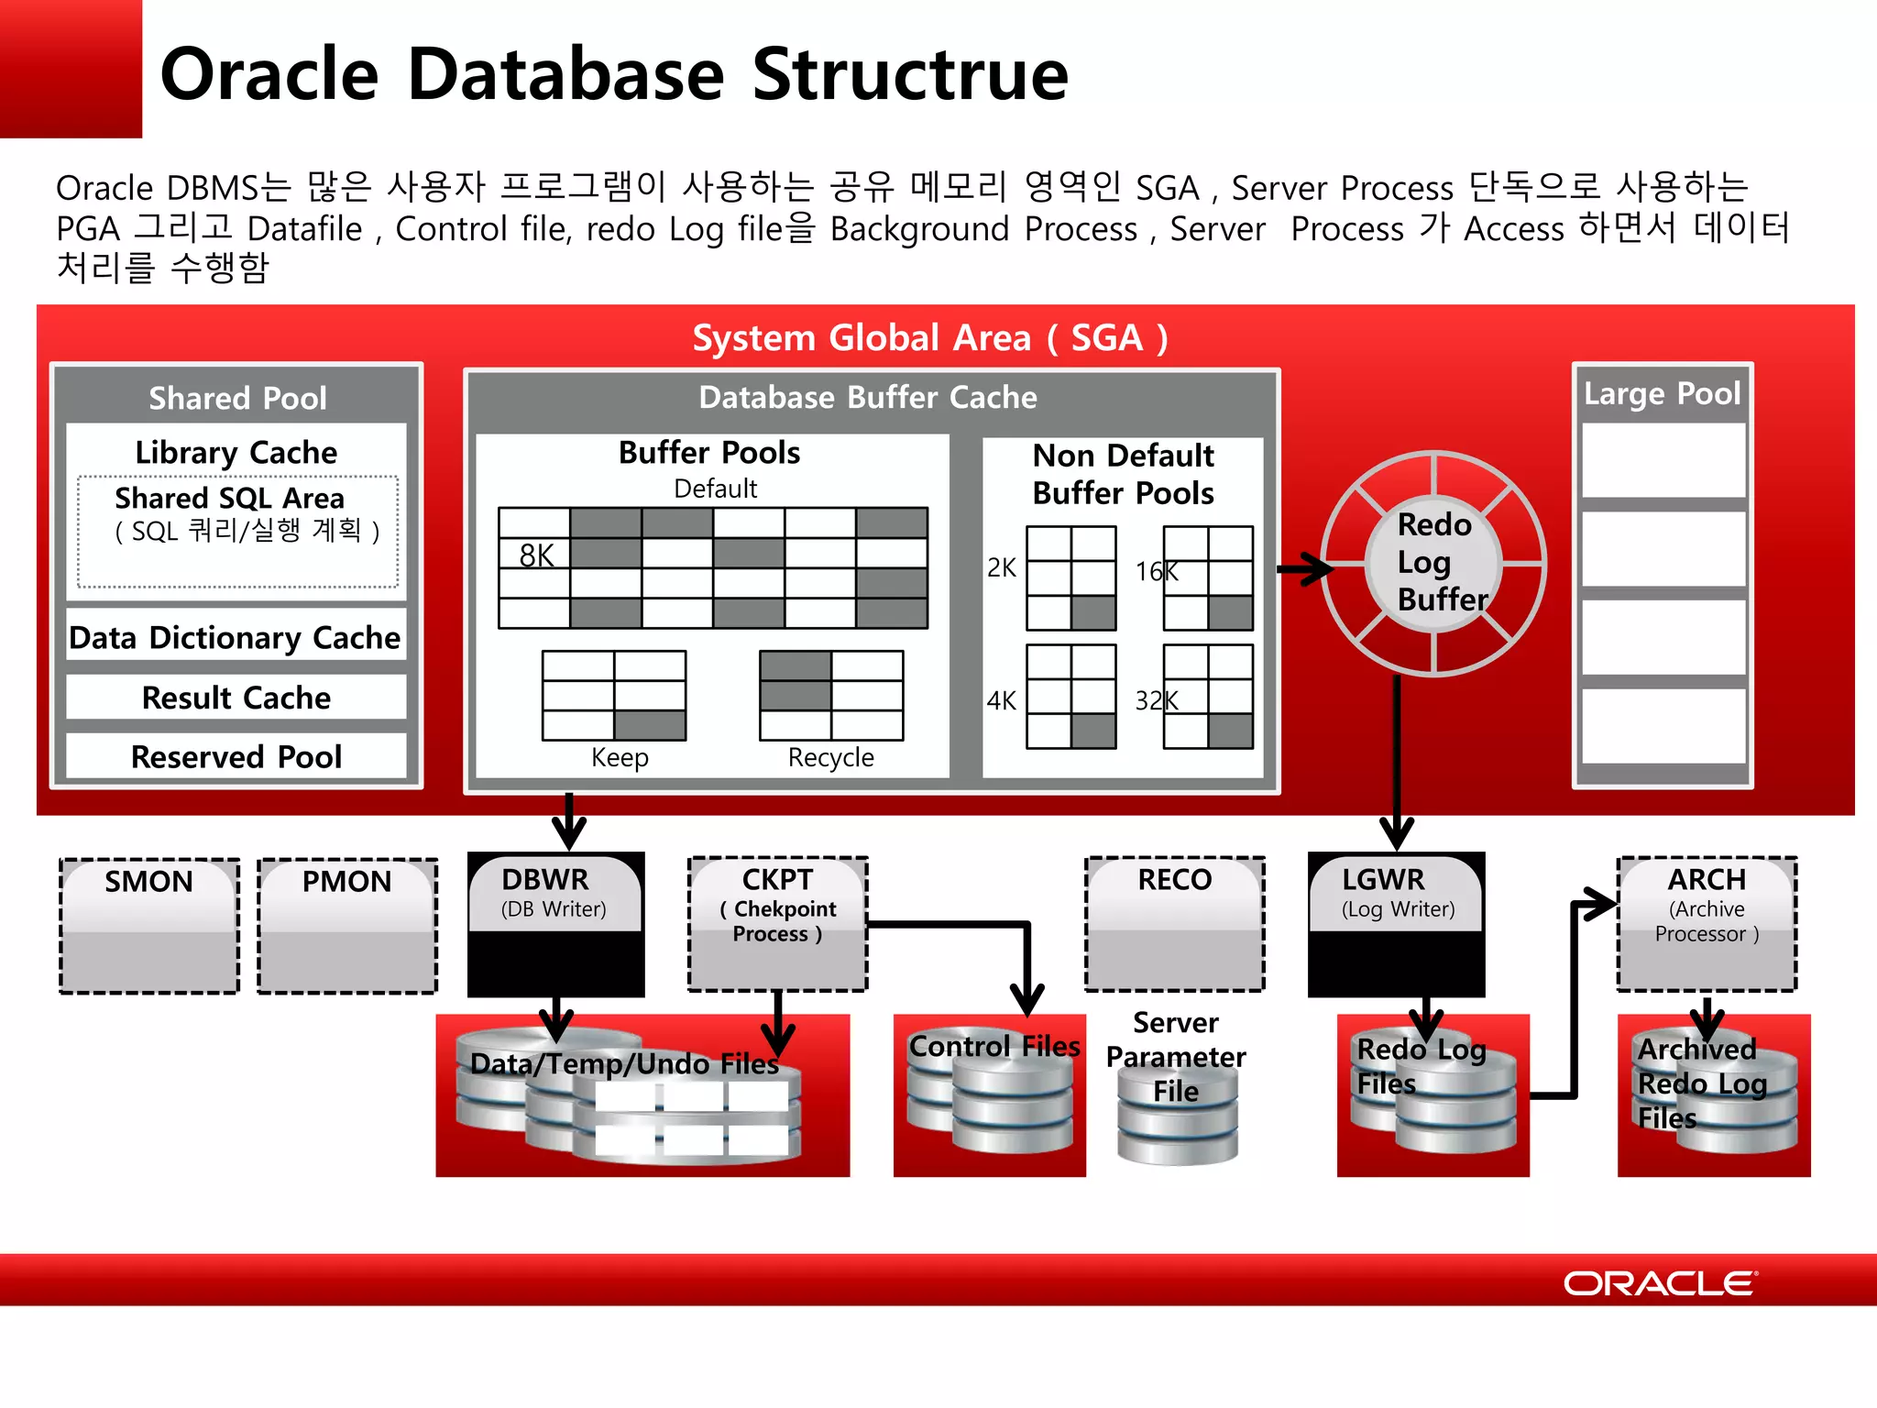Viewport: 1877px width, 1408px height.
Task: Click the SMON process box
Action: (x=149, y=925)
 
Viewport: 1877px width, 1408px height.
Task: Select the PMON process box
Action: (x=347, y=925)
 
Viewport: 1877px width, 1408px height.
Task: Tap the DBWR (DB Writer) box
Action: (x=555, y=923)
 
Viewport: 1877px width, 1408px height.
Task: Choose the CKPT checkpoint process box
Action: (x=777, y=923)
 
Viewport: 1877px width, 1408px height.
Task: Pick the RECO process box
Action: (x=1175, y=923)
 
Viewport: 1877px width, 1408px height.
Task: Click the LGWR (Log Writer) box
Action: (x=1396, y=923)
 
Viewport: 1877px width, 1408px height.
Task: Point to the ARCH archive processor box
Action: (x=1707, y=923)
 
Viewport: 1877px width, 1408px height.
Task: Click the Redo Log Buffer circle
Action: (x=1434, y=563)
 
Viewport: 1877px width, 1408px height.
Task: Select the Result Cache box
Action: (x=236, y=698)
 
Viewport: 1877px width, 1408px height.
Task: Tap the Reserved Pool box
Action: (x=236, y=757)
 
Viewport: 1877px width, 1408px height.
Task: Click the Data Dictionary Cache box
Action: (x=236, y=637)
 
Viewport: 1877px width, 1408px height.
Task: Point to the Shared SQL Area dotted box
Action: (x=237, y=531)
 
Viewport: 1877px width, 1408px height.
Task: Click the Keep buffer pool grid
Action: (x=614, y=695)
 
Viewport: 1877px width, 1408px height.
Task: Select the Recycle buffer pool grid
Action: (x=831, y=695)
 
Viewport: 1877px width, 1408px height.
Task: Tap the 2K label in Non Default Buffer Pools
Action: (x=1001, y=568)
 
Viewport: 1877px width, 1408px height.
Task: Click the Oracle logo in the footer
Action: (x=1660, y=1282)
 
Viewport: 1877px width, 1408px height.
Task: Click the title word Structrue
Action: (x=910, y=74)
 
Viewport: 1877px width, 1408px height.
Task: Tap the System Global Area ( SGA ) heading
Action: (x=929, y=337)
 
